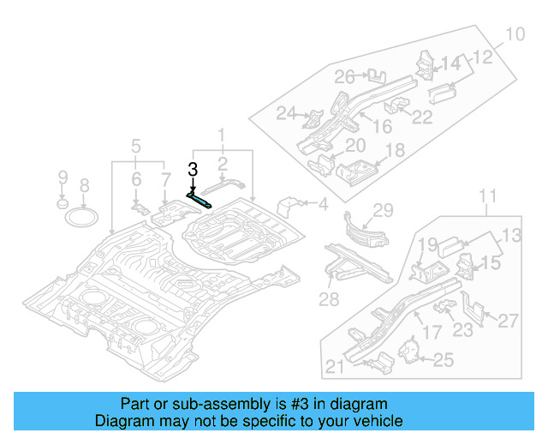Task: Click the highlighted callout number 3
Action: [193, 170]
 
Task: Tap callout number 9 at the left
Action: [62, 177]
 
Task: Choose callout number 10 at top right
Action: [513, 35]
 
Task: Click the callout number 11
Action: [486, 198]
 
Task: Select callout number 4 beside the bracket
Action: [323, 204]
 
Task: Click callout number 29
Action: [382, 210]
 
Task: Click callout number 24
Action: [285, 112]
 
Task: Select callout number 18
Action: [395, 151]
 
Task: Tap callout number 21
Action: [335, 367]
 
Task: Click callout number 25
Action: [443, 360]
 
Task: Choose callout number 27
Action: [508, 321]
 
